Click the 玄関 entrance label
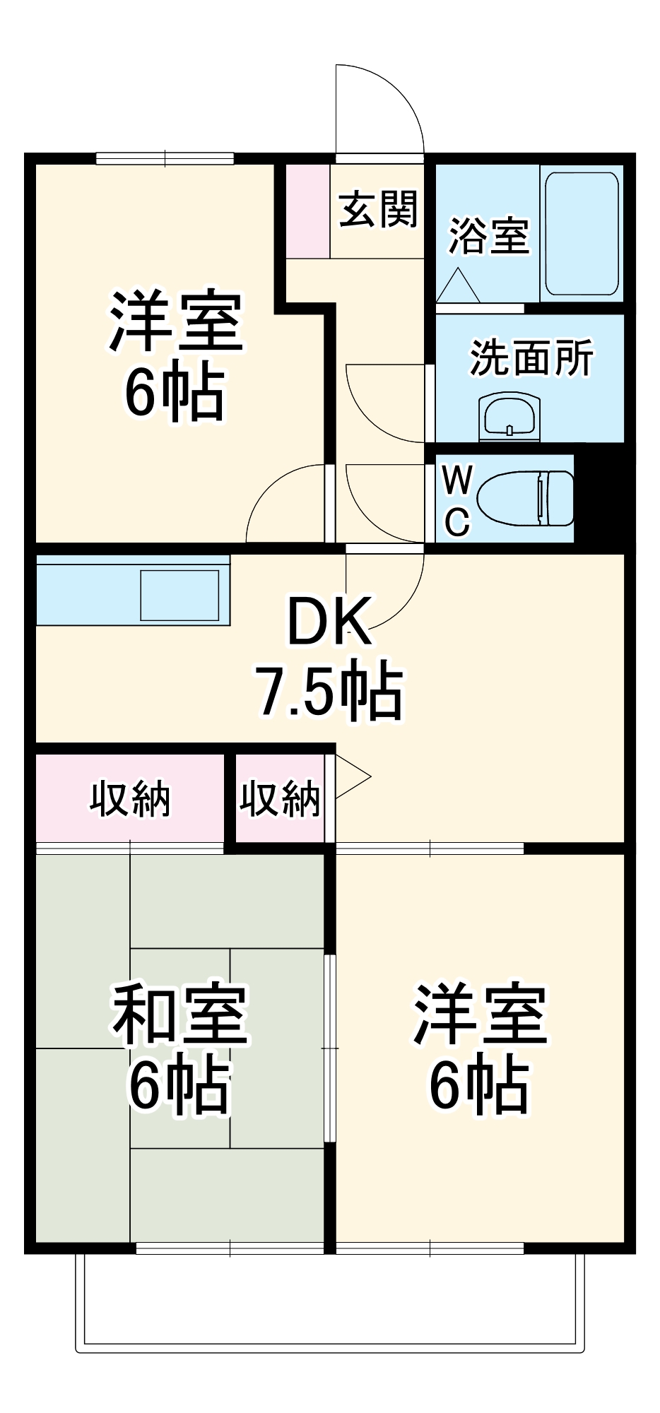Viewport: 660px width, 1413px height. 379,210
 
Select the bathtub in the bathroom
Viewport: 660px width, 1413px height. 582,234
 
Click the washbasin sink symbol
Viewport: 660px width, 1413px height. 509,418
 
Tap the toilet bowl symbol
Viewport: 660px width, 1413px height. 525,498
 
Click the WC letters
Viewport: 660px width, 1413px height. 456,500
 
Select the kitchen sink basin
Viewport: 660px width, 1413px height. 179,595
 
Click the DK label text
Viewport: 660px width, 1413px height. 329,622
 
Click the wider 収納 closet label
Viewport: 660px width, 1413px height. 130,799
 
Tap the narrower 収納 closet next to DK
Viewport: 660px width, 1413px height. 280,799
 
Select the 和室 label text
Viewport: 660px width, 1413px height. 179,1015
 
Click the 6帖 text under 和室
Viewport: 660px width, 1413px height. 179,1084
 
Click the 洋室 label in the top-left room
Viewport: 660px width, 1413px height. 175,321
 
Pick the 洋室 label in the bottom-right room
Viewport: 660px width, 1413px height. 481,1015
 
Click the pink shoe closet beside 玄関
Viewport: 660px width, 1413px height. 307,211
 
